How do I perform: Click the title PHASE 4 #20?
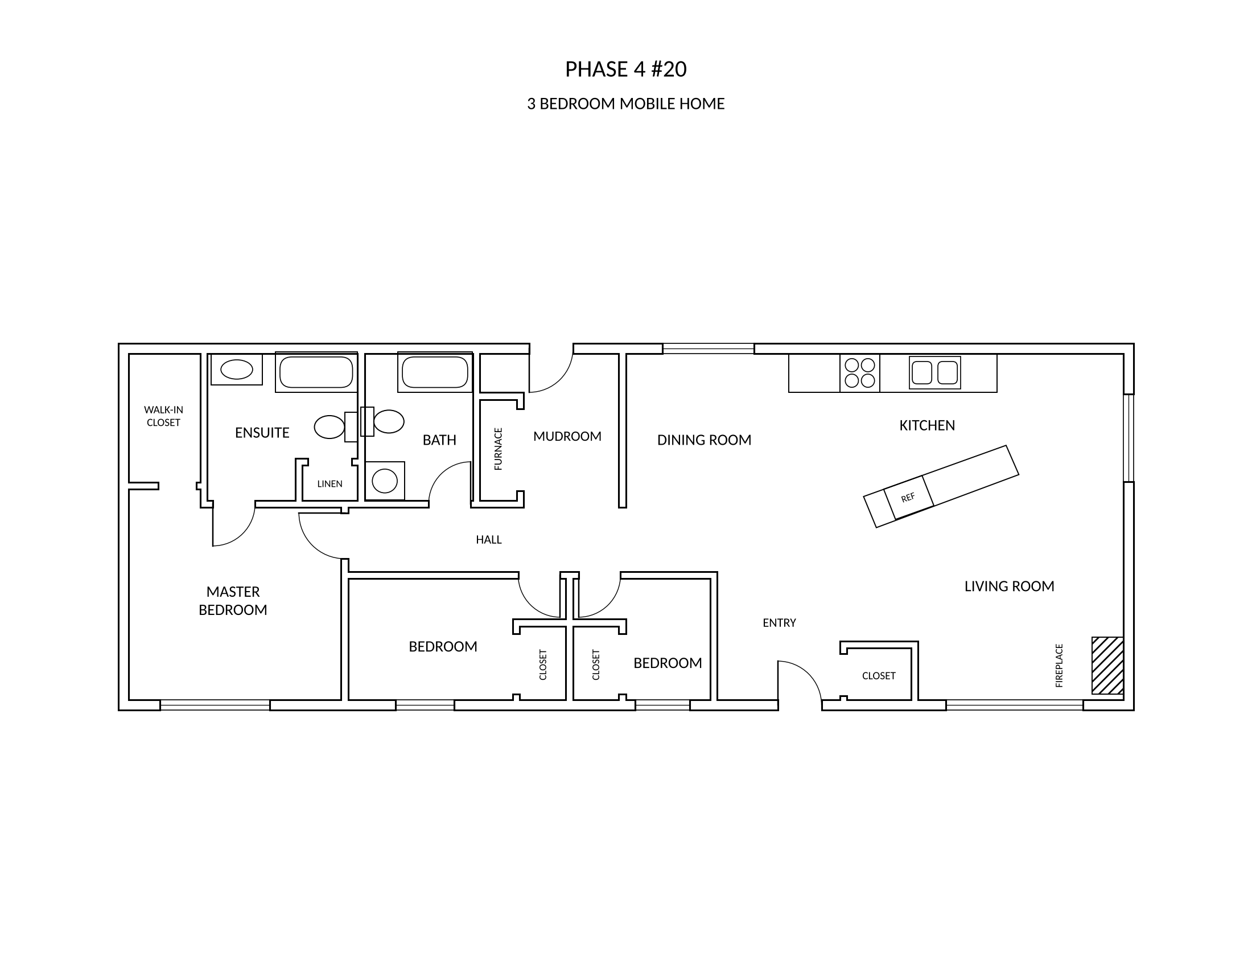pyautogui.click(x=625, y=69)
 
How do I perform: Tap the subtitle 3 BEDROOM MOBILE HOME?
pyautogui.click(x=625, y=104)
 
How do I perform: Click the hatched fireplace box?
pyautogui.click(x=1107, y=665)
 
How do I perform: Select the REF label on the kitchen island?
pyautogui.click(x=908, y=497)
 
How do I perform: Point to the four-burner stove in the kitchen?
pyautogui.click(x=860, y=374)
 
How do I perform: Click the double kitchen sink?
pyautogui.click(x=935, y=373)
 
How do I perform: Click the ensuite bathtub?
pyautogui.click(x=316, y=372)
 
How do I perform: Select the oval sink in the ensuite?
pyautogui.click(x=237, y=370)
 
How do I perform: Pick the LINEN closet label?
pyautogui.click(x=330, y=484)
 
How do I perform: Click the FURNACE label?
pyautogui.click(x=498, y=449)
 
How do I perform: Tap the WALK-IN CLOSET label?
pyautogui.click(x=163, y=416)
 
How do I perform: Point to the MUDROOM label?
pyautogui.click(x=567, y=436)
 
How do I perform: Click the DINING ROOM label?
pyautogui.click(x=704, y=440)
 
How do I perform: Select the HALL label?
pyautogui.click(x=488, y=540)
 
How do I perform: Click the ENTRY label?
pyautogui.click(x=779, y=623)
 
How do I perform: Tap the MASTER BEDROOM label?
pyautogui.click(x=233, y=600)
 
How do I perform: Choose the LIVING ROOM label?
pyautogui.click(x=1009, y=586)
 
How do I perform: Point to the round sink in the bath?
pyautogui.click(x=385, y=481)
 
